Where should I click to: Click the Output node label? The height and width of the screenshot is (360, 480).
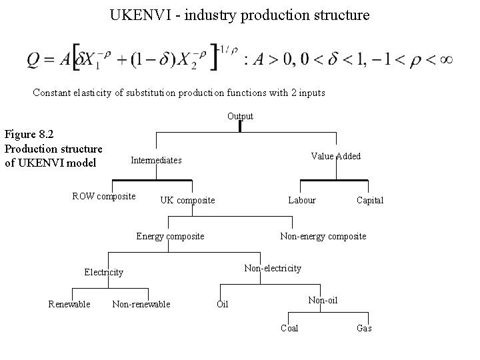[x=240, y=116]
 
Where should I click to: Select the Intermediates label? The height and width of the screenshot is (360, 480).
[x=156, y=160]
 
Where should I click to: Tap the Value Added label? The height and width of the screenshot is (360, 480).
[x=336, y=156]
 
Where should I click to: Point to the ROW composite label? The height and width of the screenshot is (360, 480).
[x=103, y=196]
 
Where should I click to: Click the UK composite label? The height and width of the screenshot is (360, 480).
[x=187, y=200]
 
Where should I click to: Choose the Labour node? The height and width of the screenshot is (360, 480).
[x=302, y=200]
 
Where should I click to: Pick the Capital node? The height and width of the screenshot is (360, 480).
[x=370, y=200]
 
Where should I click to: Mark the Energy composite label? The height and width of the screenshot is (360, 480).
[x=170, y=236]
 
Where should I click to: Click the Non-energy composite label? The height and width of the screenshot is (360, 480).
[x=323, y=236]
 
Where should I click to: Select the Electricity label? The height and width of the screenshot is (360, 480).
[x=103, y=272]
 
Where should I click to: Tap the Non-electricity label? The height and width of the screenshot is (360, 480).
[x=273, y=268]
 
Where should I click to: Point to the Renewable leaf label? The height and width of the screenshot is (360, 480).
[x=69, y=305]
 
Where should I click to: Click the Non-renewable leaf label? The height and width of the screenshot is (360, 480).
[x=141, y=305]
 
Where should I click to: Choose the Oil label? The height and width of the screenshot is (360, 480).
[x=223, y=305]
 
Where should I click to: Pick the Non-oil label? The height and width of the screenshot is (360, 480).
[x=323, y=300]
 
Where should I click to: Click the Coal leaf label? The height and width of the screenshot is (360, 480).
[x=289, y=328]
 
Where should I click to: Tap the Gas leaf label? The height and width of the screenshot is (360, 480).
[x=364, y=328]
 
